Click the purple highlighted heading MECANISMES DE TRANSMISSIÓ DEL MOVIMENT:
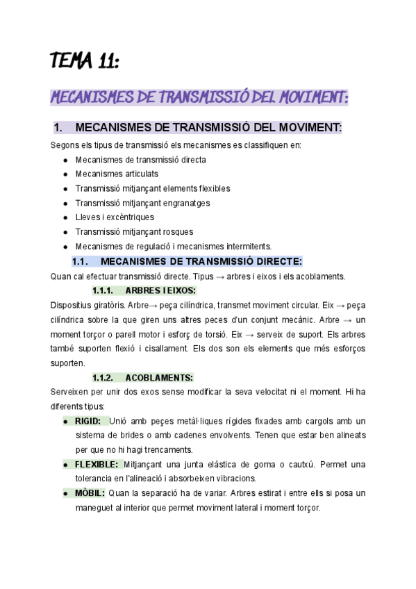(199, 97)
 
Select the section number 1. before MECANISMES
(58, 128)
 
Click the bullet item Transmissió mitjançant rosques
(134, 232)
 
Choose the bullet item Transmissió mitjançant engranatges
(142, 203)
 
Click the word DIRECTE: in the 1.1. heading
(277, 261)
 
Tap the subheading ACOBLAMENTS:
(159, 378)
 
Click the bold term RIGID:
(88, 421)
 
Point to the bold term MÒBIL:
(90, 493)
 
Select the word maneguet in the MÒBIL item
(94, 508)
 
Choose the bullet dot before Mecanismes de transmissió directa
(65, 160)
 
